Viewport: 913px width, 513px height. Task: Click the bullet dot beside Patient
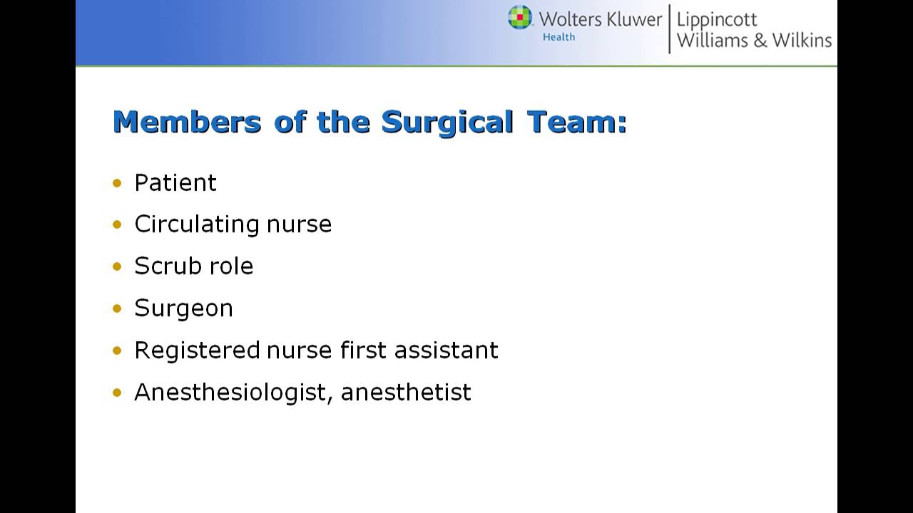point(118,183)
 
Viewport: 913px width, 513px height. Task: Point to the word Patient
point(175,183)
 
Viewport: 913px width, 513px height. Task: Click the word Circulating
point(198,224)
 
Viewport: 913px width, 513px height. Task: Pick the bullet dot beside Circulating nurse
point(118,225)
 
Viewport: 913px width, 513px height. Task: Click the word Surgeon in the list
point(183,309)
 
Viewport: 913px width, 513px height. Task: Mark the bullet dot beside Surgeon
point(118,309)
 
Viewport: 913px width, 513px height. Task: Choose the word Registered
point(197,351)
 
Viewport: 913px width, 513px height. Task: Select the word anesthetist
point(406,393)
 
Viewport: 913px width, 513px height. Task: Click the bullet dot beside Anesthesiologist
point(118,393)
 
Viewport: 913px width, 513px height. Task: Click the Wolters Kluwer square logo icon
point(520,17)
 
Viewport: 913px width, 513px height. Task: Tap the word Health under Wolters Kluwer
point(558,37)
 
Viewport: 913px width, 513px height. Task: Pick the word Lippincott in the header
point(717,19)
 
